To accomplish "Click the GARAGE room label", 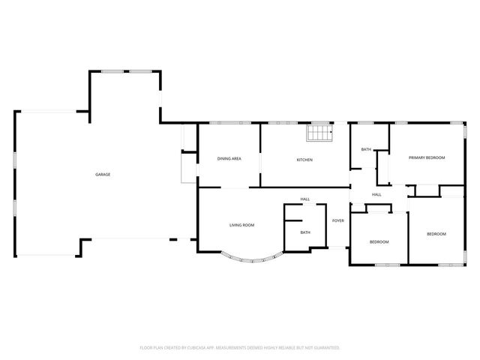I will [x=103, y=175].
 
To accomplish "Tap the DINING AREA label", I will [x=229, y=159].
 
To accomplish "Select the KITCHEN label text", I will [x=304, y=160].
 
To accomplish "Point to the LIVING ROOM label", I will [x=241, y=225].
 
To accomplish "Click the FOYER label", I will [x=338, y=220].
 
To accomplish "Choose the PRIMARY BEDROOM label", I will [x=427, y=157].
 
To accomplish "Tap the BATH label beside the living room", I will [x=305, y=232].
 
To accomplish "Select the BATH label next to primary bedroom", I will [x=366, y=149].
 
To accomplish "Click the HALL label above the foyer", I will [x=305, y=199].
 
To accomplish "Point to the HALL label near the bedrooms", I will [x=376, y=194].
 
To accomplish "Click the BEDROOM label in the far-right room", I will [x=436, y=234].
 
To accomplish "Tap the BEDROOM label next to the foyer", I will [x=379, y=241].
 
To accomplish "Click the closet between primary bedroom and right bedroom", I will [x=427, y=190].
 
